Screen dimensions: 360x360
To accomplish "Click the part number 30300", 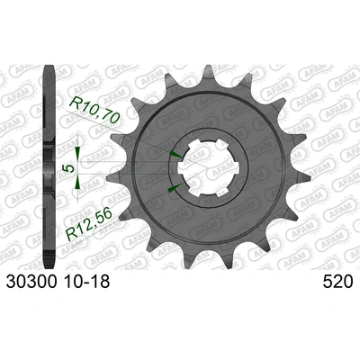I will tap(31, 283).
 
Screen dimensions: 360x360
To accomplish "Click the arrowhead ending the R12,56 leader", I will tap(170, 190).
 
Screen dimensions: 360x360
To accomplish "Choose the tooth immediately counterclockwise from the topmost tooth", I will tap(170, 76).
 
